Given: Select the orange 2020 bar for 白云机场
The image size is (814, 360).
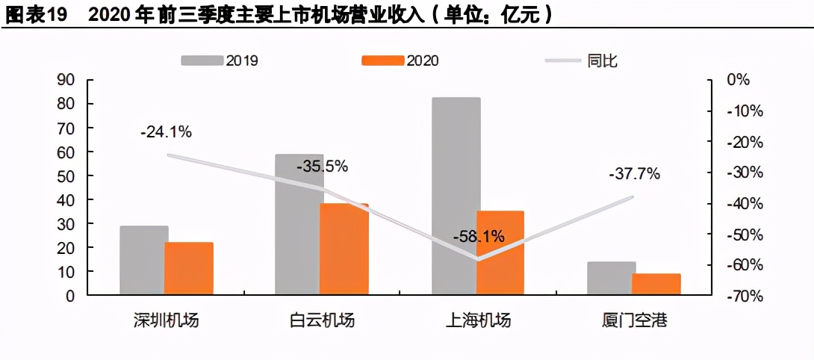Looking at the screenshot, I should tap(344, 249).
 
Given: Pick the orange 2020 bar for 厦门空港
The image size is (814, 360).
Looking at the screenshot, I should tap(656, 284).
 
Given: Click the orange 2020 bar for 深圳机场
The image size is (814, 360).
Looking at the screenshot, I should tap(189, 268).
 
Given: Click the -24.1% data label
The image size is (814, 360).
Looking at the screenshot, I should tap(166, 132).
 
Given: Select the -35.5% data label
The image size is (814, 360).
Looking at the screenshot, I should tap(322, 167).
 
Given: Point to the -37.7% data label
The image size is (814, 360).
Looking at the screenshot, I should tap(634, 174).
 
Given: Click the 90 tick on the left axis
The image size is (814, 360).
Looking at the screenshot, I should tap(66, 80).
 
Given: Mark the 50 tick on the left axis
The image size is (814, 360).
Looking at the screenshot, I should tap(66, 176).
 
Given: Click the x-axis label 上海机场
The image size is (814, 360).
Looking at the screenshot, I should tap(478, 321).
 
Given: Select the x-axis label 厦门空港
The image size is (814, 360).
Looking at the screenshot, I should tap(634, 321).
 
